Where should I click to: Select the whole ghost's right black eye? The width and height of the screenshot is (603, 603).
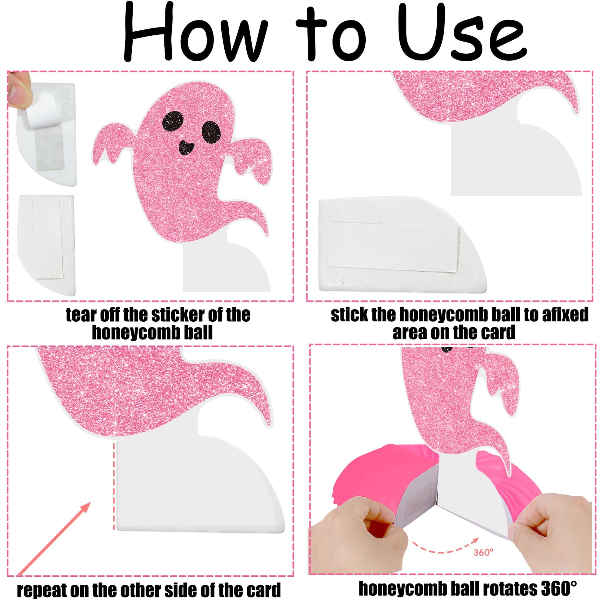point(211,131)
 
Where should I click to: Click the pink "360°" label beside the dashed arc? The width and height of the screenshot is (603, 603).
point(483,552)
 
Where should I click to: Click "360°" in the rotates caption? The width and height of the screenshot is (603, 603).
point(557,588)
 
